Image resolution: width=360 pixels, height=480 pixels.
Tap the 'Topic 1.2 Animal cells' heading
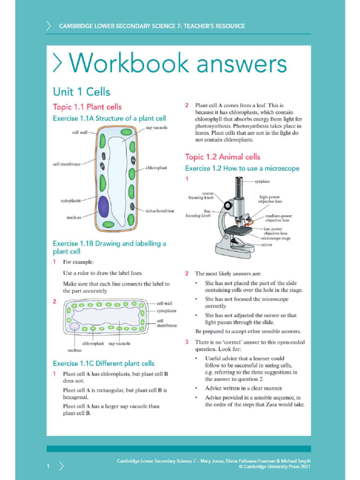click(222, 157)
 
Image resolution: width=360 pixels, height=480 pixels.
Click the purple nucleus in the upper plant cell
click(104, 207)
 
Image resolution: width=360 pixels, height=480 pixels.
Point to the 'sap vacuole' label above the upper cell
click(156, 127)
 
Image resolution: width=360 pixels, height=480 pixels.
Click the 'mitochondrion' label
click(160, 211)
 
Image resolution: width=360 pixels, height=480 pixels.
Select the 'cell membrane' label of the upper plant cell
click(67, 164)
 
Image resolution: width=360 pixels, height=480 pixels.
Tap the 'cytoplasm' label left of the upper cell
click(70, 201)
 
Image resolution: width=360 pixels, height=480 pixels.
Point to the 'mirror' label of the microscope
click(266, 245)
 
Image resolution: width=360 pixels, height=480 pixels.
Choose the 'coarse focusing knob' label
click(201, 195)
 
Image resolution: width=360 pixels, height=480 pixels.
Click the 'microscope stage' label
click(275, 238)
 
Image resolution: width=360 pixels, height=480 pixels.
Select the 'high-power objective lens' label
click(270, 199)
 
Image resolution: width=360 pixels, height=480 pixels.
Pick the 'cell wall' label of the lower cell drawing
click(164, 303)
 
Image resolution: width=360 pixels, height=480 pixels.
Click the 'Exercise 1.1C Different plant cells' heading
click(103, 363)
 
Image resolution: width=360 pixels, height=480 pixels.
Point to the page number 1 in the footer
click(48, 465)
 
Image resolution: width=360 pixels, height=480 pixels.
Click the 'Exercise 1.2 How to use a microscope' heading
click(242, 168)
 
